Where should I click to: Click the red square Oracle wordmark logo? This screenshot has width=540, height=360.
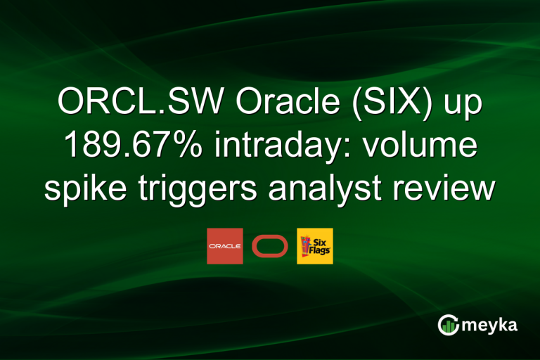point(225,246)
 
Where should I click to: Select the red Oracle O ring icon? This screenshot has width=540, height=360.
point(270,246)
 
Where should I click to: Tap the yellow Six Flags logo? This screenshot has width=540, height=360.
point(315,246)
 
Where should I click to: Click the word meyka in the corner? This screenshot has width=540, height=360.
point(491,325)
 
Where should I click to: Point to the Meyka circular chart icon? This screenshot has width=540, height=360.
point(448,324)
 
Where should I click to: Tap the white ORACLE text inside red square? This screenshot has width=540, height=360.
point(225,247)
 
